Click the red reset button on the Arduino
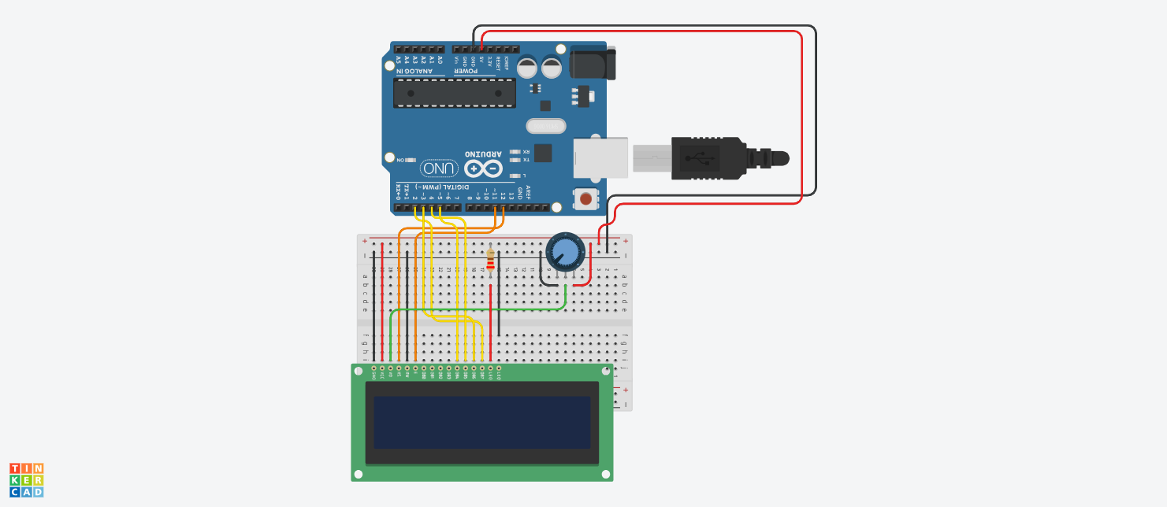(585, 200)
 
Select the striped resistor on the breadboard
(491, 261)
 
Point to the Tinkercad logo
(26, 479)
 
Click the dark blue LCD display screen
(481, 422)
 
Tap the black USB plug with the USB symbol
(706, 157)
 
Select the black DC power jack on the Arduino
(592, 63)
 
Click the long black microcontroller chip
(455, 93)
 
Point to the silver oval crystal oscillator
(545, 126)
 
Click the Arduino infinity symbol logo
(483, 168)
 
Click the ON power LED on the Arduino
(410, 160)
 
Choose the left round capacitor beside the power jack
(528, 65)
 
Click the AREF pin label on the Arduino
(528, 192)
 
